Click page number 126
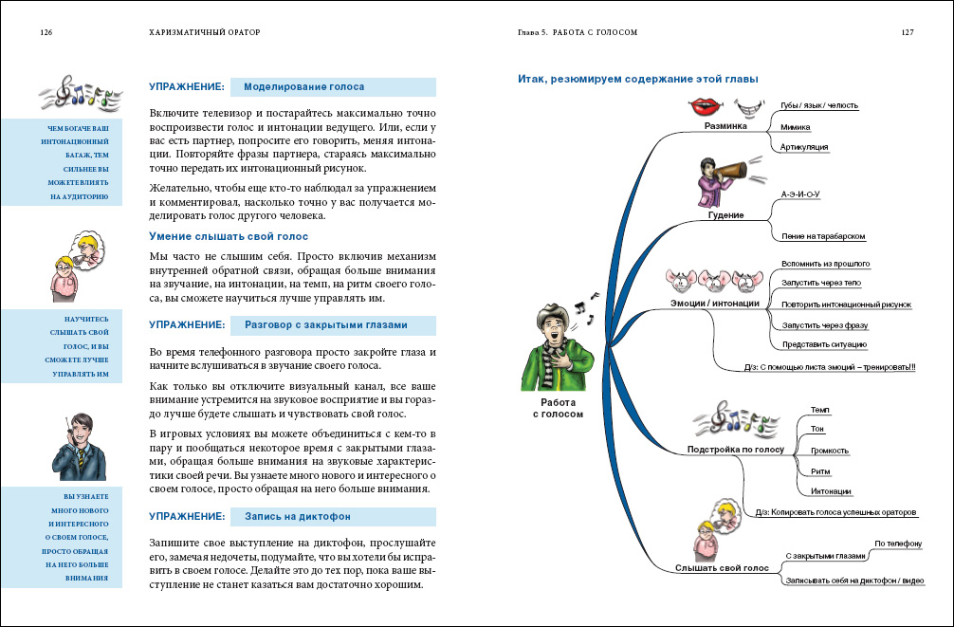[46, 31]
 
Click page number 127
[907, 31]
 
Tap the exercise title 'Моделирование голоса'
[303, 86]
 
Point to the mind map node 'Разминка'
[726, 125]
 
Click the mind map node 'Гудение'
[725, 215]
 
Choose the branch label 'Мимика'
[795, 126]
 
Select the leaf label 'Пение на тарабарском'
[823, 236]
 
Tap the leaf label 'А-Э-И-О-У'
[799, 194]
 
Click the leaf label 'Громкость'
[830, 451]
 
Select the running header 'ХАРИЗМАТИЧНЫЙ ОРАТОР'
[205, 31]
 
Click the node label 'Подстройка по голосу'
[736, 448]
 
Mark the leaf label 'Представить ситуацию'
[824, 344]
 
